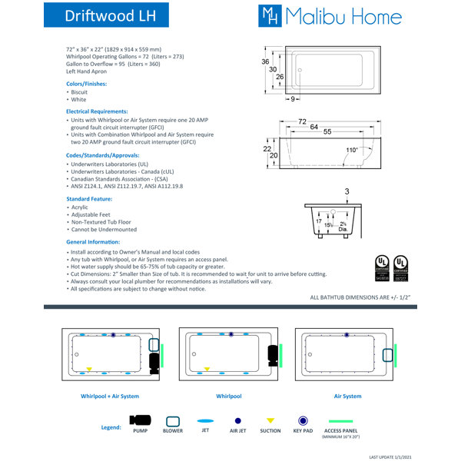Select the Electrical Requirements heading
point(97,111)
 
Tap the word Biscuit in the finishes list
point(79,91)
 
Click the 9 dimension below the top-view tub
point(294,99)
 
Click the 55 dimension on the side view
point(327,133)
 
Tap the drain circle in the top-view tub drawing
point(301,75)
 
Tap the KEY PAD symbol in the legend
point(304,421)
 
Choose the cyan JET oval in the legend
point(205,421)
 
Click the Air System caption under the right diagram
point(347,396)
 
